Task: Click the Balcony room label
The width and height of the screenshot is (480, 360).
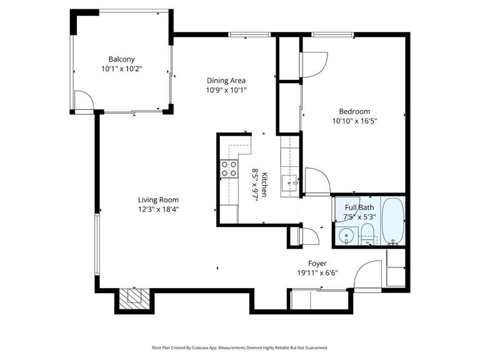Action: click(x=121, y=59)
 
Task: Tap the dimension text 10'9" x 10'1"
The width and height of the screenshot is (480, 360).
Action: click(x=226, y=89)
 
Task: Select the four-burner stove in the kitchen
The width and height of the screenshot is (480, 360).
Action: click(x=229, y=169)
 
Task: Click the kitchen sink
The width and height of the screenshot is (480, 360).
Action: click(x=289, y=183)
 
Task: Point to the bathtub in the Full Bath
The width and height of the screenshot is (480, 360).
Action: click(x=393, y=222)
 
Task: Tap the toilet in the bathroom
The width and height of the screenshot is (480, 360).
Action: click(x=367, y=234)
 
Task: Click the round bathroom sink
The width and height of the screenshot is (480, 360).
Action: click(x=345, y=236)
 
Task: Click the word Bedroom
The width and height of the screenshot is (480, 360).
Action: click(x=354, y=111)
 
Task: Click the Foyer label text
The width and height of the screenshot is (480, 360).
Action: click(x=317, y=264)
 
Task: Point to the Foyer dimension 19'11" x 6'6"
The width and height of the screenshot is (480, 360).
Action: click(x=317, y=273)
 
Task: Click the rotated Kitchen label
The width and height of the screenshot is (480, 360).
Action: click(x=265, y=184)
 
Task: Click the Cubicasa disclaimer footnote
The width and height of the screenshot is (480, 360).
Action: click(x=240, y=347)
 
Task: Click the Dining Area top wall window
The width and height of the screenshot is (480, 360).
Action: click(x=241, y=34)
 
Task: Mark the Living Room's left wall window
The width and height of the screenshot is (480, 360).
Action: click(x=96, y=244)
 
